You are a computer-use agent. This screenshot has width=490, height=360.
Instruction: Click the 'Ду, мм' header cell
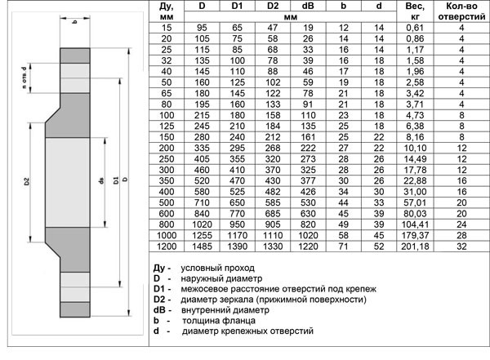pos(167,11)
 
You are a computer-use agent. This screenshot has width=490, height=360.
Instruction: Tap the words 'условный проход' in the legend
pos(220,268)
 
